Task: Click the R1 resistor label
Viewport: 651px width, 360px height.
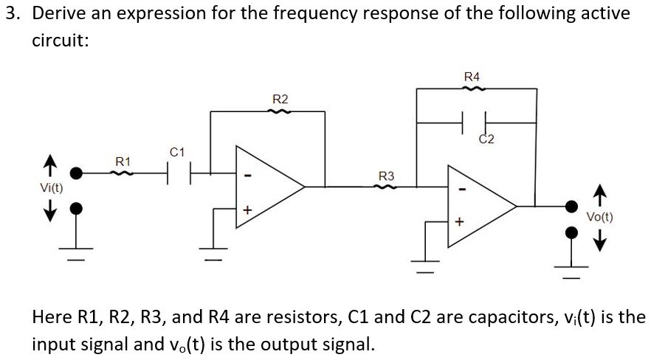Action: tap(123, 161)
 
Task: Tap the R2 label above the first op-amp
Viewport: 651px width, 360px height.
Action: tap(280, 99)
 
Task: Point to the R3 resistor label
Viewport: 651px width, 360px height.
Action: tap(386, 176)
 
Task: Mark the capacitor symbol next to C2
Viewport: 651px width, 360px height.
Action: tap(475, 120)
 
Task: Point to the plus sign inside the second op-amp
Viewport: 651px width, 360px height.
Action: tap(461, 221)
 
